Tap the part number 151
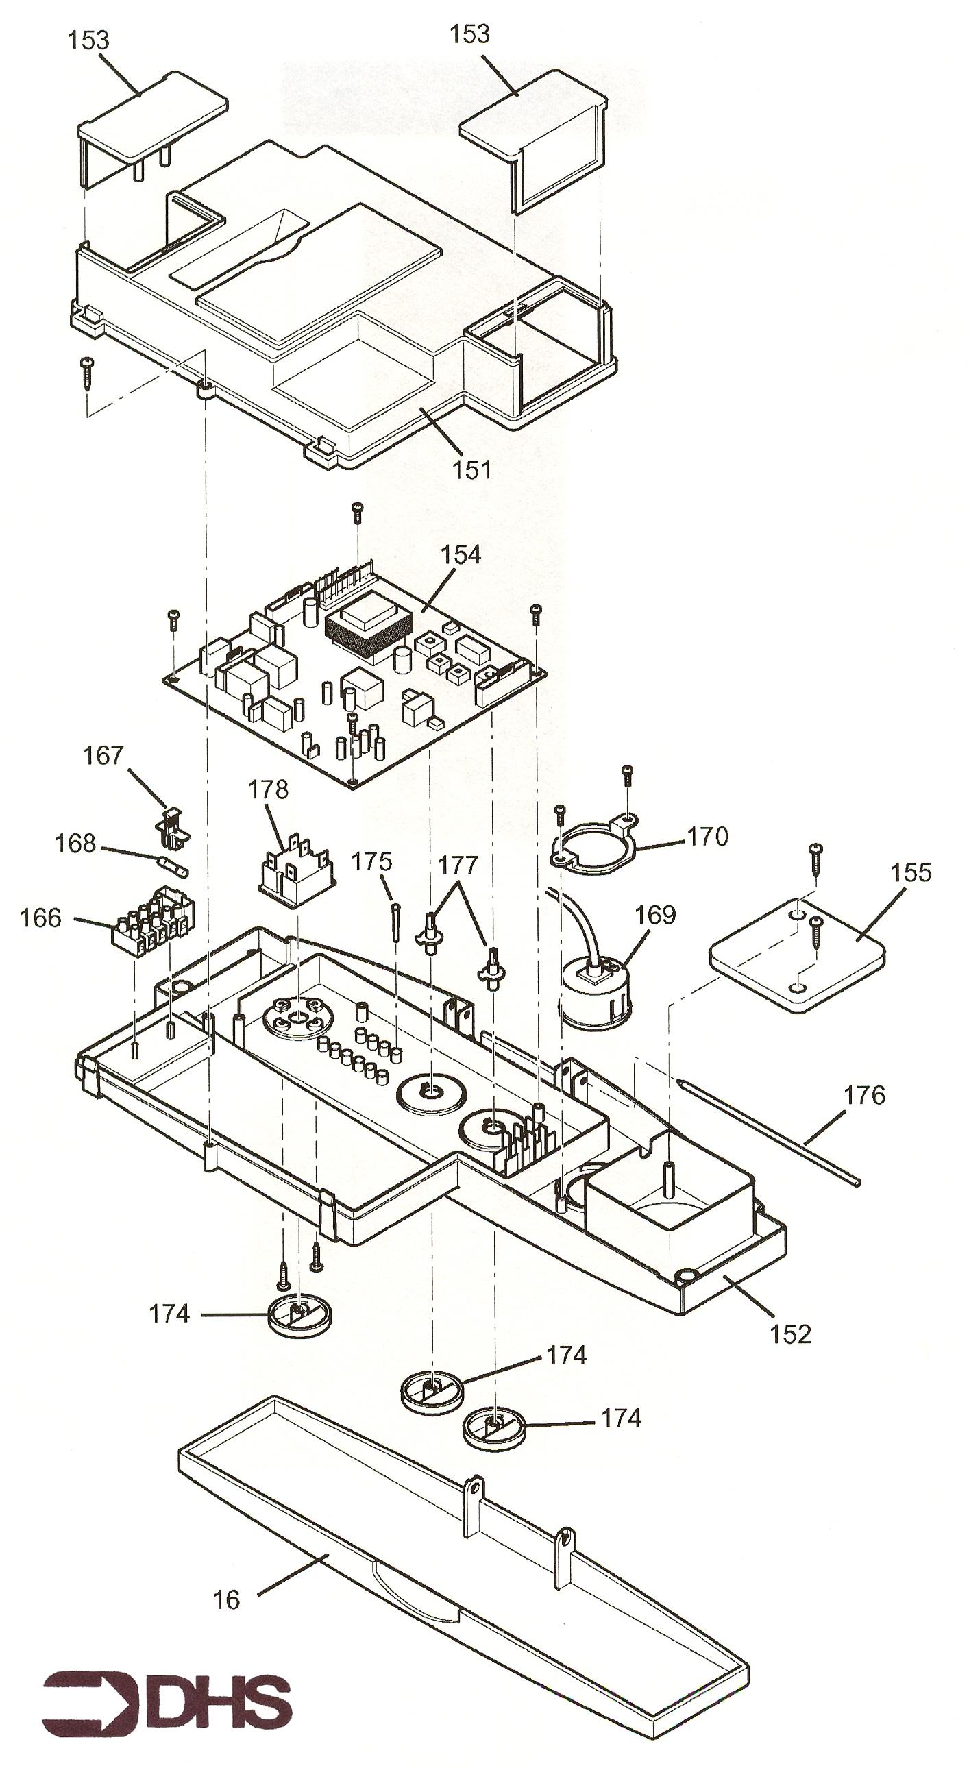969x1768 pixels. tap(471, 470)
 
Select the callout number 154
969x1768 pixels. tap(461, 555)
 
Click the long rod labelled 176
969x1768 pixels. tap(769, 1131)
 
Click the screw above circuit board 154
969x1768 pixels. tap(357, 513)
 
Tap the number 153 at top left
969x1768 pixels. tap(88, 40)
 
